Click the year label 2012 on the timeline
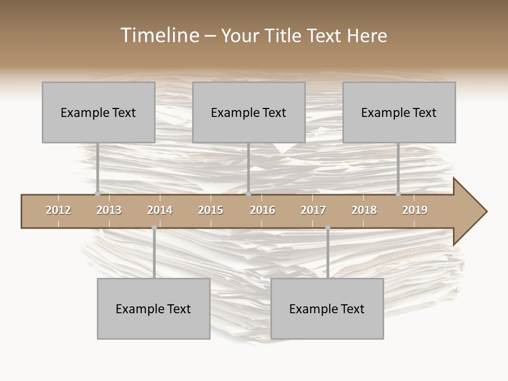click(58, 210)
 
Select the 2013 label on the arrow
click(109, 210)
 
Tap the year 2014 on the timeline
click(160, 210)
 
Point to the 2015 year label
click(211, 210)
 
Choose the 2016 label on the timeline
click(262, 210)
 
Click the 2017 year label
click(313, 210)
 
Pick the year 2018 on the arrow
click(364, 210)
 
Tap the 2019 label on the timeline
click(415, 210)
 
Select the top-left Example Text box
click(98, 112)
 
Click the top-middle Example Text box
click(249, 112)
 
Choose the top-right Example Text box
click(399, 112)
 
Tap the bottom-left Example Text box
click(153, 309)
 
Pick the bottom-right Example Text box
click(327, 309)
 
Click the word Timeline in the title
click(159, 35)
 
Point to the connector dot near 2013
click(97, 194)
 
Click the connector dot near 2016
click(249, 194)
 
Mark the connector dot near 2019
click(398, 194)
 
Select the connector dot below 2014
click(154, 228)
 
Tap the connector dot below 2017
click(328, 228)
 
